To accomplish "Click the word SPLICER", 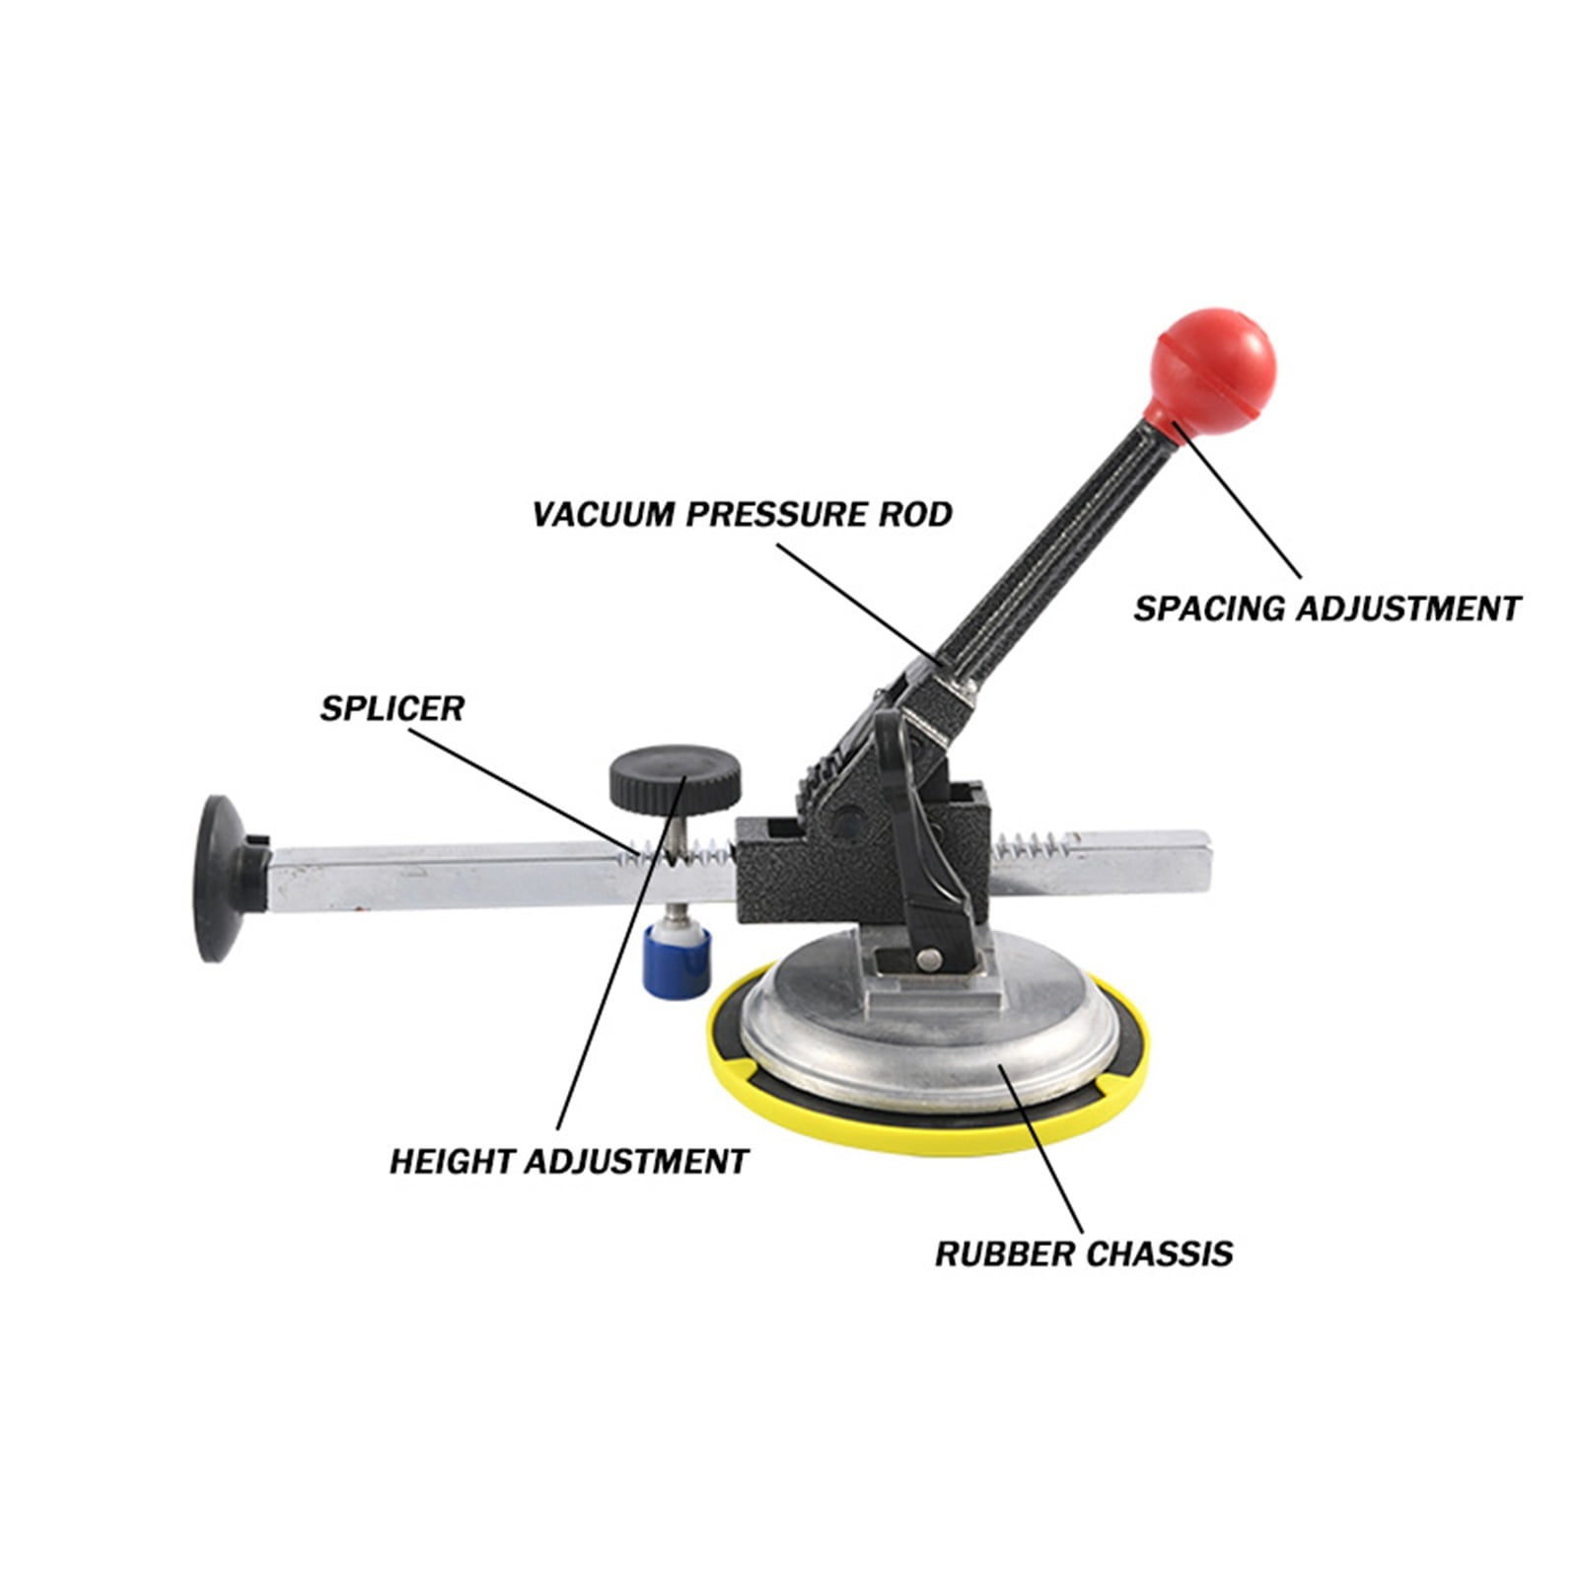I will pyautogui.click(x=392, y=708).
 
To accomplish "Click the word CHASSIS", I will pyautogui.click(x=1159, y=1255).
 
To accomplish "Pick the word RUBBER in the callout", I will pyautogui.click(x=1004, y=1255).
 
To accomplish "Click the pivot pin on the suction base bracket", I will pyautogui.click(x=927, y=960).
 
